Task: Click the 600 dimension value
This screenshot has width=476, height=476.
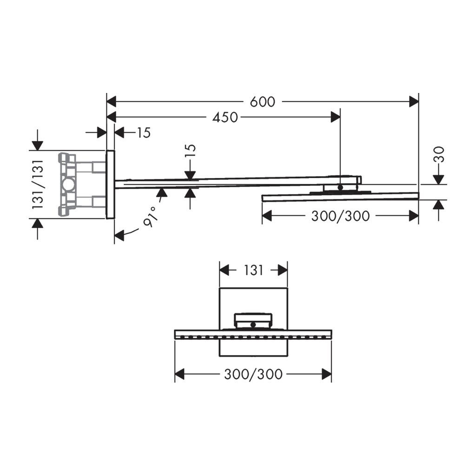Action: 263,101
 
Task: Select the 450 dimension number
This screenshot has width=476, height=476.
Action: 225,118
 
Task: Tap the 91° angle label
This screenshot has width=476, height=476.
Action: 150,216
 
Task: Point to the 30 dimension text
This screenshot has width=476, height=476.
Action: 438,154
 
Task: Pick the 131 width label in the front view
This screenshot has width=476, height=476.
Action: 253,270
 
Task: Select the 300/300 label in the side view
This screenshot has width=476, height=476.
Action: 341,216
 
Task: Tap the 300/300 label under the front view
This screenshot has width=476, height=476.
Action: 253,374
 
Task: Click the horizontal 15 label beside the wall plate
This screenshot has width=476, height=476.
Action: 144,132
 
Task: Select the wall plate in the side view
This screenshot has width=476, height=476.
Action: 110,185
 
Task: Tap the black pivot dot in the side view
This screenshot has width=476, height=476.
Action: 340,187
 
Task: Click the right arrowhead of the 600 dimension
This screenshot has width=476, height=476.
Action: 414,101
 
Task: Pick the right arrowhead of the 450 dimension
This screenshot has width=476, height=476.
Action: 335,118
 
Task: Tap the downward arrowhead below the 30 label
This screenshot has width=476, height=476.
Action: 438,179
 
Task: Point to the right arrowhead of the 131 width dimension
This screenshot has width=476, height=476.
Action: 282,270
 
